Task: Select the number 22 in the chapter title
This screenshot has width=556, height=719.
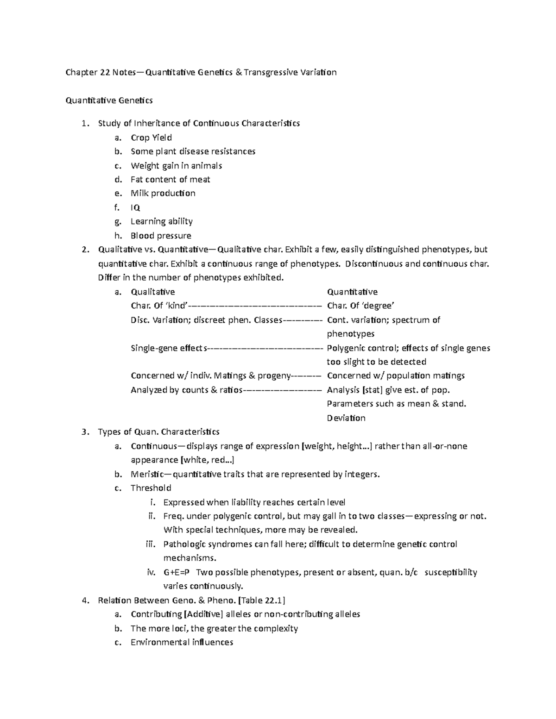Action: coord(105,72)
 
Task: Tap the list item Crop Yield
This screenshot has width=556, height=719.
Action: coord(151,138)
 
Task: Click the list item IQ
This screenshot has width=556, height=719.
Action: coord(135,207)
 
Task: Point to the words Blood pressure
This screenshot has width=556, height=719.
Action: coord(161,236)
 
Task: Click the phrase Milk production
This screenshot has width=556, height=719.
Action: coord(163,194)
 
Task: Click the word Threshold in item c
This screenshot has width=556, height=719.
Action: coord(151,488)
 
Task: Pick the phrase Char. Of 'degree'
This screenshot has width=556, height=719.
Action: coord(360,306)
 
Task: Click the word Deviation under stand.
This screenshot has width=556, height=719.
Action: coord(346,418)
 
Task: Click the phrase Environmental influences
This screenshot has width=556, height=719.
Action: coord(182,643)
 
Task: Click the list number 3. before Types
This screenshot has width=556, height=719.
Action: coord(84,432)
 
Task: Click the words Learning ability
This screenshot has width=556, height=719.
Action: coord(161,221)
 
